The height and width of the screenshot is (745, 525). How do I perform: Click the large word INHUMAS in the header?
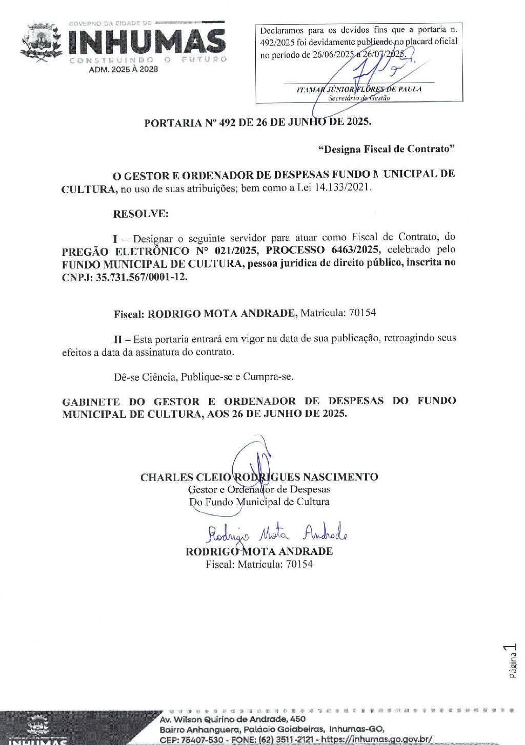[146, 42]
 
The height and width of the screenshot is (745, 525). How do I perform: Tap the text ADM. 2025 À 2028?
[124, 69]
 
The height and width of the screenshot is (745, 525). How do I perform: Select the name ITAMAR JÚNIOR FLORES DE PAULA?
[359, 89]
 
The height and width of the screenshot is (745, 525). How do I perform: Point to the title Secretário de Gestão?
[359, 98]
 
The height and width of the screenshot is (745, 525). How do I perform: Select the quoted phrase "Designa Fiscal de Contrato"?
[387, 149]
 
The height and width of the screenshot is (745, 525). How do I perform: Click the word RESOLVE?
[140, 214]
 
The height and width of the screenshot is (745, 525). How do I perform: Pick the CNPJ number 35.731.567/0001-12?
[142, 277]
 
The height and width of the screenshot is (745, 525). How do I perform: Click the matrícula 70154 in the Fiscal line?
[362, 313]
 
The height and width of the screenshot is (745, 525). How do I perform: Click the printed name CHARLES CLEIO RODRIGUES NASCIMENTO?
[259, 477]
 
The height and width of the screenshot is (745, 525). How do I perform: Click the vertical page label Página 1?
[512, 661]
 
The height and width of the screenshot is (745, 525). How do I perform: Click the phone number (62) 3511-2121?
[288, 739]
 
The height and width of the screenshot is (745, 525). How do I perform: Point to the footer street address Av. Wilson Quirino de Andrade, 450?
[232, 719]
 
